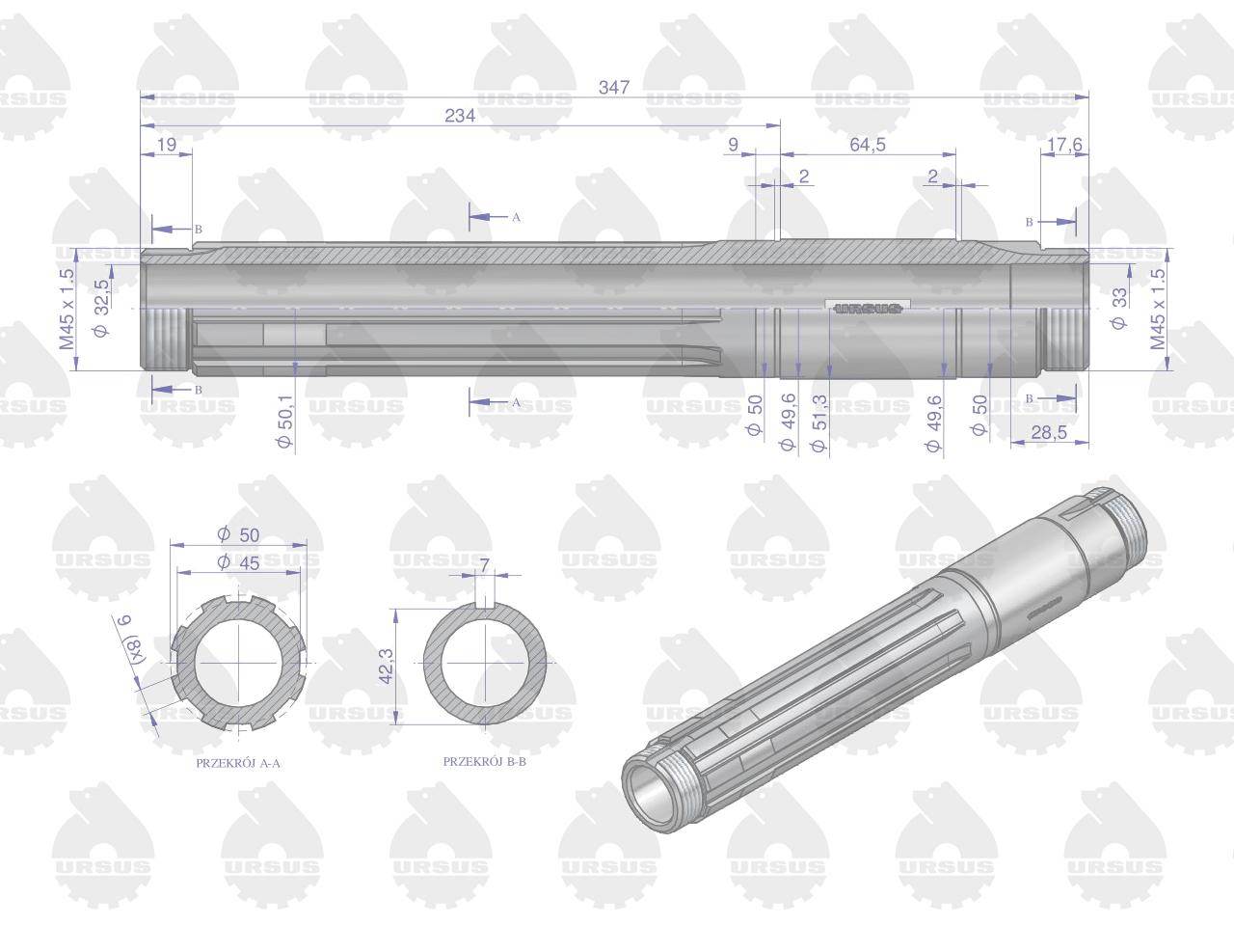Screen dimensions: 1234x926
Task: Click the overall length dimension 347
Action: click(x=614, y=87)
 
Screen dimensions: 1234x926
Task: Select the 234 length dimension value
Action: click(x=460, y=116)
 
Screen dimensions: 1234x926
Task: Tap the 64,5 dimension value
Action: click(x=868, y=145)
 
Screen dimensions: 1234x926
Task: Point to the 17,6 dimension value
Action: click(x=1064, y=145)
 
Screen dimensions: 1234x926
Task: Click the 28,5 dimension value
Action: click(x=1049, y=432)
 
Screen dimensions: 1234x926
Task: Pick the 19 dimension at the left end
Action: click(x=167, y=145)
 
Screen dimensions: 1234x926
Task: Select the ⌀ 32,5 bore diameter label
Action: click(x=102, y=308)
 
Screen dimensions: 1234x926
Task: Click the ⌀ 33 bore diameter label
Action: click(x=1118, y=308)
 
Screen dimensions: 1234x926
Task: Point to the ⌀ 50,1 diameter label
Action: click(x=285, y=421)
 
